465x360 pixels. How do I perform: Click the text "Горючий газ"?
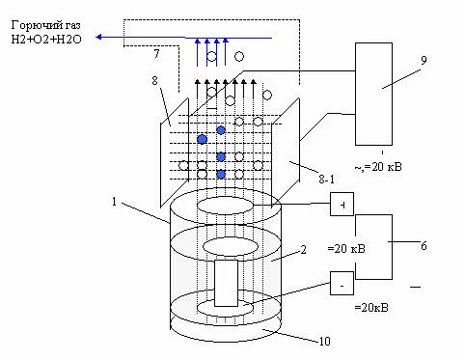(45, 26)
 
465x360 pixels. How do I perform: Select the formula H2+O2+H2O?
(46, 40)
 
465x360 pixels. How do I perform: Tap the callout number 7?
(156, 54)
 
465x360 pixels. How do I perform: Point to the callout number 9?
(424, 60)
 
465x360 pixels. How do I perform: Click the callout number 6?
(424, 246)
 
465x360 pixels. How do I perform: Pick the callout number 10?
(324, 341)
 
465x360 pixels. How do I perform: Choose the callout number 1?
(114, 202)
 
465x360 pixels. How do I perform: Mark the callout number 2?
(303, 250)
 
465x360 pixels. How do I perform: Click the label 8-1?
(326, 179)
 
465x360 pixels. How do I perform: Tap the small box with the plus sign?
(342, 205)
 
